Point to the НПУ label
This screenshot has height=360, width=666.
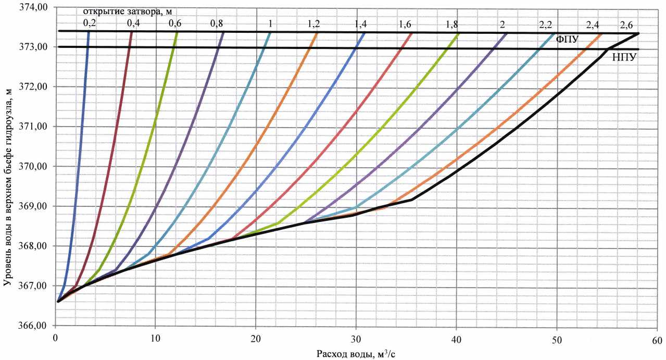624,57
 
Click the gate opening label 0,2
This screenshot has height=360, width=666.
89,23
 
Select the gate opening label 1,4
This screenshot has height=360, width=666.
360,24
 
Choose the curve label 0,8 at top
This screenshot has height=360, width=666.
217,23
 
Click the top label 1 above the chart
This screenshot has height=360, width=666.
270,24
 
